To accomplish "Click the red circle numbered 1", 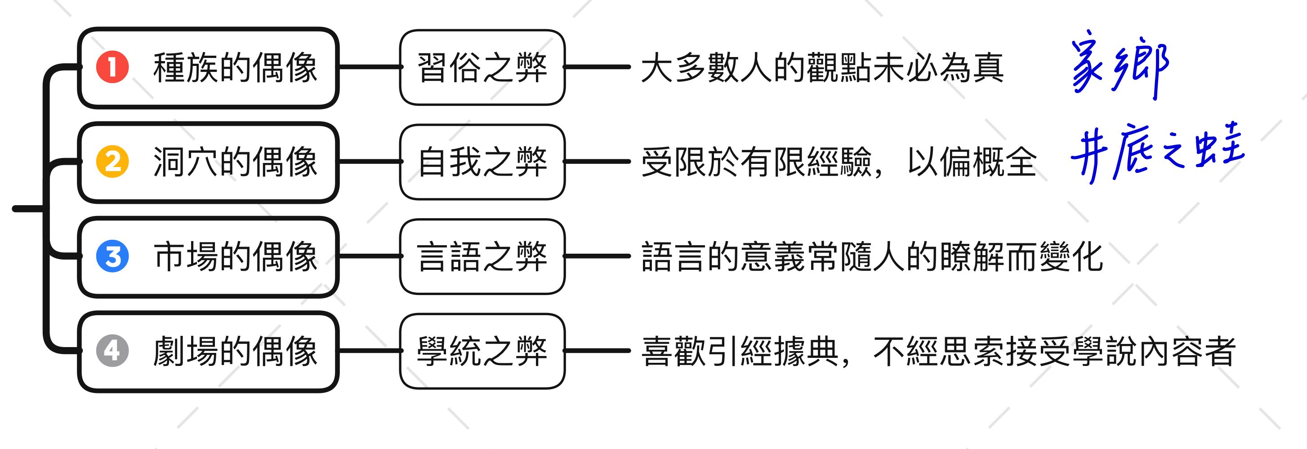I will [112, 67].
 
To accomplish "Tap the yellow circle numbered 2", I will [112, 162].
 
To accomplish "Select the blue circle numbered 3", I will [112, 256].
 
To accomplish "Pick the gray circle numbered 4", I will [112, 351].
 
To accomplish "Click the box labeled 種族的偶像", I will [208, 67].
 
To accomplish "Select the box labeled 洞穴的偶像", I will [208, 162].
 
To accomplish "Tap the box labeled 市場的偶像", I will [208, 256].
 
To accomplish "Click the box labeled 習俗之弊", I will [482, 67].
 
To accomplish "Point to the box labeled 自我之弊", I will [482, 162].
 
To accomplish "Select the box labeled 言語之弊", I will [482, 256].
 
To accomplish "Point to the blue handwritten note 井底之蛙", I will [1157, 152].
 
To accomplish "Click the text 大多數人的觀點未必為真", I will [822, 67].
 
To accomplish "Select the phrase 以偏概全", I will [972, 162].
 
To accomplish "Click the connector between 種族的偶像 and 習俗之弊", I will [370, 67].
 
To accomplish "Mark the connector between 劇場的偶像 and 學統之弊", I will [370, 351].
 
